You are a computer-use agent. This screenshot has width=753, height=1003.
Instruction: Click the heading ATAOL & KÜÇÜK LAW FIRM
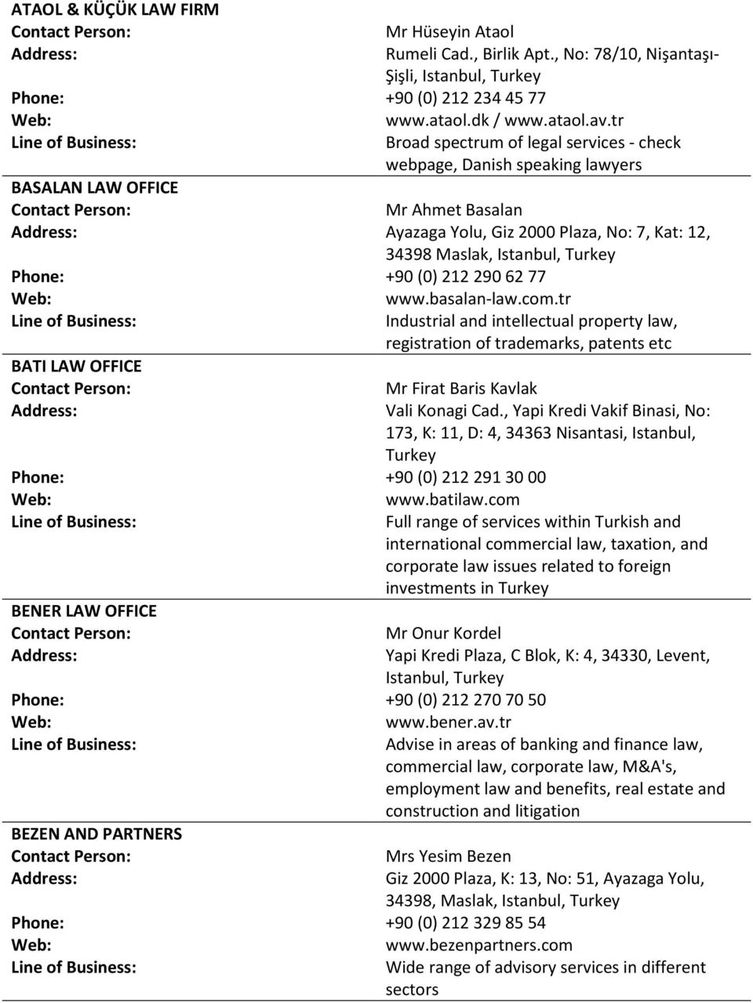[x=115, y=10]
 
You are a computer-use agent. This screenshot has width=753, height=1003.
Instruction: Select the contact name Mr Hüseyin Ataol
[x=449, y=32]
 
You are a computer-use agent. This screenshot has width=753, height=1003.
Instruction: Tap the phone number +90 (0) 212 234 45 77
[x=465, y=98]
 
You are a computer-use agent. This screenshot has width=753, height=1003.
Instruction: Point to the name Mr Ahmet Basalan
[x=453, y=210]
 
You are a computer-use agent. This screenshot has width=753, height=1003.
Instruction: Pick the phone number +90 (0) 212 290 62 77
[x=465, y=277]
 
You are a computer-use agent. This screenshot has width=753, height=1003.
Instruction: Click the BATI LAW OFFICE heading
[x=76, y=366]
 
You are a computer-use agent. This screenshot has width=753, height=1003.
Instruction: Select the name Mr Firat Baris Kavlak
[x=461, y=388]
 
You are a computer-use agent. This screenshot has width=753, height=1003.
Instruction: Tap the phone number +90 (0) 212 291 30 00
[x=465, y=477]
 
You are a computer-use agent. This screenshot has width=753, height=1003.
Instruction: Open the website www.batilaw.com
[x=452, y=499]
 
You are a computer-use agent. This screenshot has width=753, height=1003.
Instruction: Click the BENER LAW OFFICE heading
[x=84, y=610]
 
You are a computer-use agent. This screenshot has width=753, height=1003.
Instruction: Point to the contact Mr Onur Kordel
[x=443, y=633]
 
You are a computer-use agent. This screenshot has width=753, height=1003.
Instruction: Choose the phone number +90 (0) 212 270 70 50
[x=465, y=700]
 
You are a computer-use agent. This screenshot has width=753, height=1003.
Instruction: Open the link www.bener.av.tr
[x=448, y=722]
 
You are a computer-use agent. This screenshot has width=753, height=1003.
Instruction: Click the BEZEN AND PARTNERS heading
[x=96, y=834]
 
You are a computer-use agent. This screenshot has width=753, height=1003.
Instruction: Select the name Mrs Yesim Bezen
[x=448, y=856]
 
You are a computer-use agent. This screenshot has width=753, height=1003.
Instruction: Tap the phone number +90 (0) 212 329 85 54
[x=465, y=923]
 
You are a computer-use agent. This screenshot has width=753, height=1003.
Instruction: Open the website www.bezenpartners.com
[x=478, y=945]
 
